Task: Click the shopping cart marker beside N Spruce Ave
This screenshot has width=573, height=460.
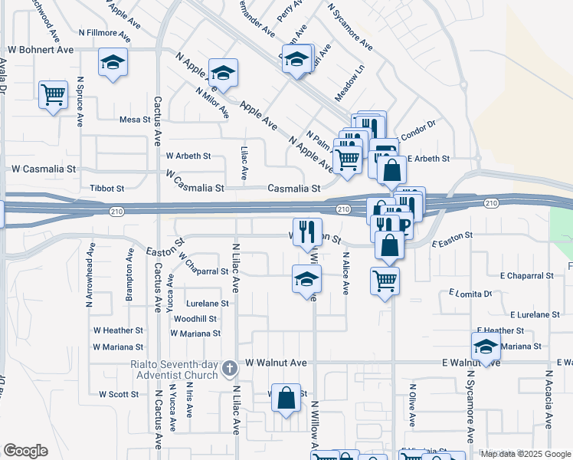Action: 53,95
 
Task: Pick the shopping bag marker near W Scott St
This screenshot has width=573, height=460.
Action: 286,398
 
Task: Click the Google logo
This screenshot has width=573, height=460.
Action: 25,451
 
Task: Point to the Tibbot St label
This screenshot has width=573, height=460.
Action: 107,188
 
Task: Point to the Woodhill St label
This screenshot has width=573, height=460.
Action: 195,319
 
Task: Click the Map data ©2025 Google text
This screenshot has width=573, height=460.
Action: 526,454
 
